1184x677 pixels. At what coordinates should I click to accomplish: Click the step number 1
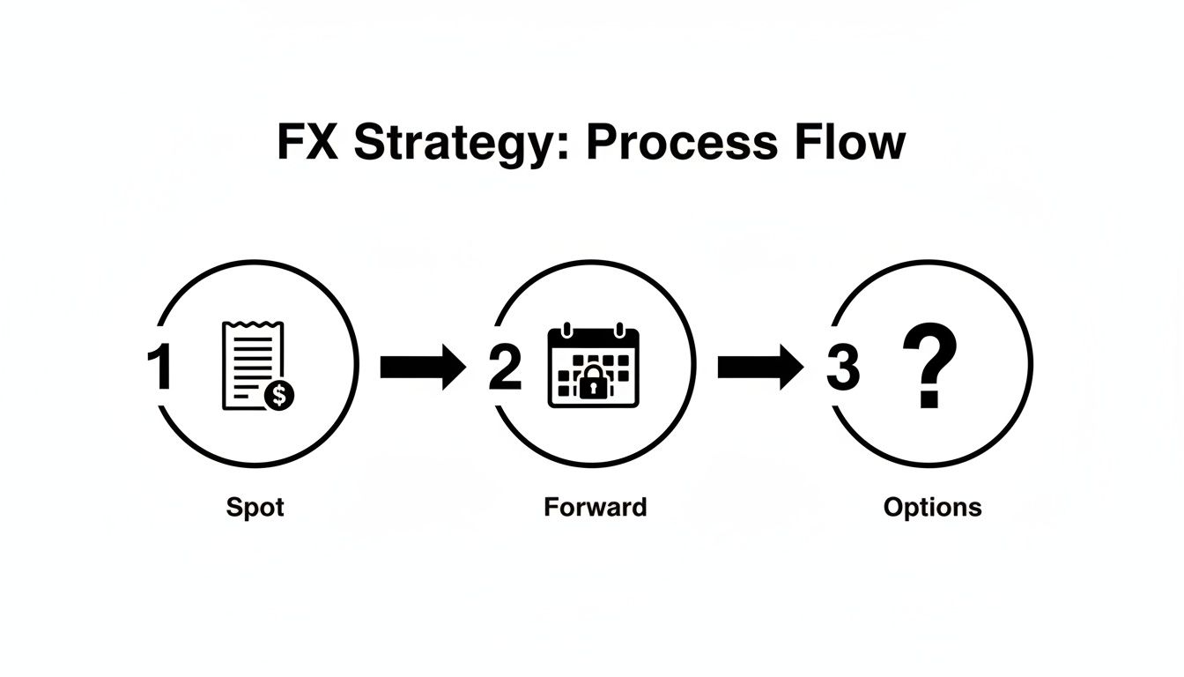159,368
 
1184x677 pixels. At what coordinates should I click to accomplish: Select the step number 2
505,368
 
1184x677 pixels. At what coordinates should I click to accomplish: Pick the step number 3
842,368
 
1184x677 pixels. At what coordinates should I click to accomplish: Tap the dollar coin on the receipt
279,396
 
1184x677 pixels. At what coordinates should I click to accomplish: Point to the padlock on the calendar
594,382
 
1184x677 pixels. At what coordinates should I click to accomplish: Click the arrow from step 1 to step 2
422,368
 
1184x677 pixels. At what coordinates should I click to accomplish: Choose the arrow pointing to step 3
759,368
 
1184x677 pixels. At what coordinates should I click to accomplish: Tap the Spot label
255,507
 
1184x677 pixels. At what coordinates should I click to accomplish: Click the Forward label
595,507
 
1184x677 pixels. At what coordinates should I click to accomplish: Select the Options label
932,508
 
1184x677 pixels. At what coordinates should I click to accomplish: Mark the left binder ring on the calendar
568,329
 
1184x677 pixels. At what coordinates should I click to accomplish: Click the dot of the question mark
927,400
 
